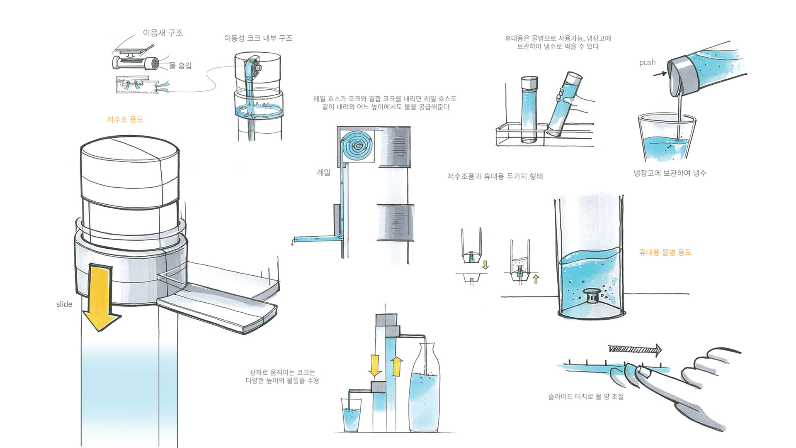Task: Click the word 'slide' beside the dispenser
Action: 64,304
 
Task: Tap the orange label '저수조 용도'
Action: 125,120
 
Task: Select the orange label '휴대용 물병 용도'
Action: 665,252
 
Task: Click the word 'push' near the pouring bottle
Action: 647,63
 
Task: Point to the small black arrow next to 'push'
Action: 660,74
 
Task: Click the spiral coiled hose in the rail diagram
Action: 357,146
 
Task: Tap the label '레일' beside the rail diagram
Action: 324,172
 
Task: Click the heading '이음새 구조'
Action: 163,33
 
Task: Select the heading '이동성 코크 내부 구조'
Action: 258,38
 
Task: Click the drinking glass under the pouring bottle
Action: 665,139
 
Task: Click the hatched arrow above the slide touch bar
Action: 635,349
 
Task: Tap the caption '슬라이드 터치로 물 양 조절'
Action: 586,397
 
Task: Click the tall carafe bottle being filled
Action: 424,390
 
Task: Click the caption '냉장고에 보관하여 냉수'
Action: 670,173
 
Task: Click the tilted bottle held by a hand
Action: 564,104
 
